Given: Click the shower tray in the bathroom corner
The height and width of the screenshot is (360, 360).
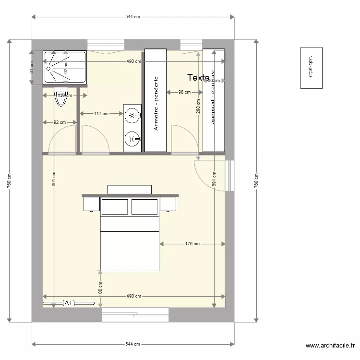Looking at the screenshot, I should point(65,68).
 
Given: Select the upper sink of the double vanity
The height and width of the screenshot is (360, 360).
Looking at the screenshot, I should point(132,115).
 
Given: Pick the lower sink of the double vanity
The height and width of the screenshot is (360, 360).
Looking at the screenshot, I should point(132,139).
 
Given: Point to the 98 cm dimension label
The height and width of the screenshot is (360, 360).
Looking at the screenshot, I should point(184,92).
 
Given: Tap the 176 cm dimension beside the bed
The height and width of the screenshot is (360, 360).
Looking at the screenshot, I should point(192,244).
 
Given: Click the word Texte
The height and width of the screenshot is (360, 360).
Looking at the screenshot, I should point(198,77).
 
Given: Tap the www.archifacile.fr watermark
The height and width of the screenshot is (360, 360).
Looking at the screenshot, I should point(331,346).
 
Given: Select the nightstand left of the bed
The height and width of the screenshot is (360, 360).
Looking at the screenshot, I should point(91,204).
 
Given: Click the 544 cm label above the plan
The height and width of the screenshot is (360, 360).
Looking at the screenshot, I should point(132,17).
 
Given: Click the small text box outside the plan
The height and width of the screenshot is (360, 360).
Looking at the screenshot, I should point(311,68).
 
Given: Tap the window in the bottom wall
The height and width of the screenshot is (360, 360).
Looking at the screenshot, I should point(135,315).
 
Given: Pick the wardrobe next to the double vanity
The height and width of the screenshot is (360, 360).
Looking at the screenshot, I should point(156,100).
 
